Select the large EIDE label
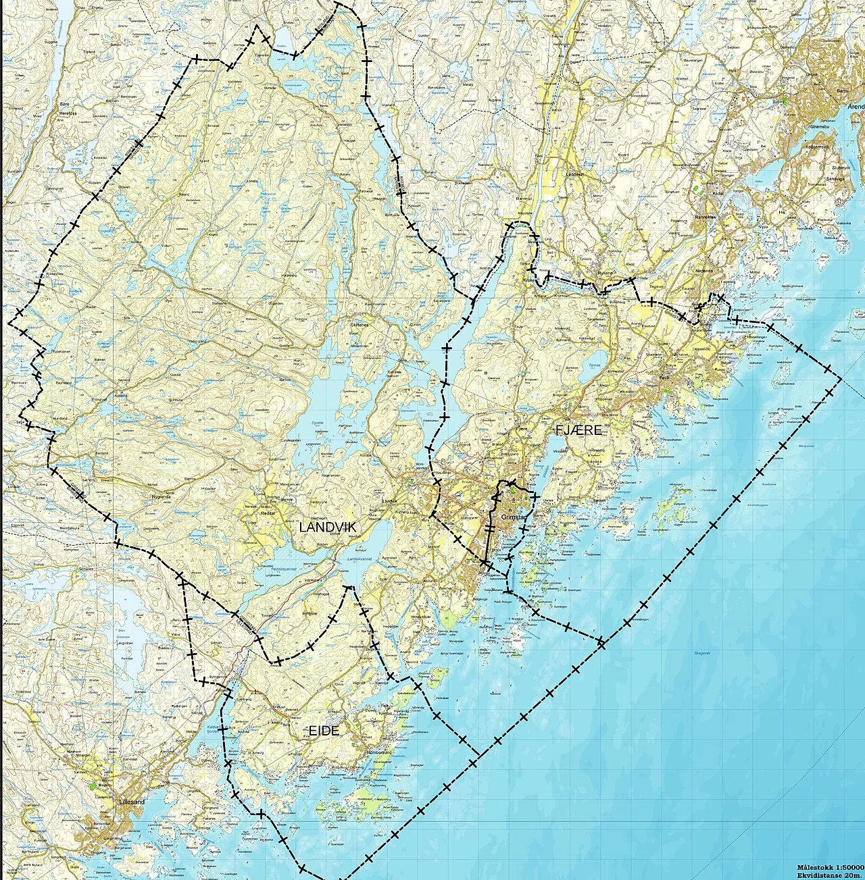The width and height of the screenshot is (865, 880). click(324, 731)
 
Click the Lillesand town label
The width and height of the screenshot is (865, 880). click(132, 802)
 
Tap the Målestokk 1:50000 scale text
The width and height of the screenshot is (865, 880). click(829, 866)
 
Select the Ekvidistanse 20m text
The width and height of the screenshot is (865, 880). click(831, 875)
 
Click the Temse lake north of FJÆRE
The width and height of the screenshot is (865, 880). click(595, 362)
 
